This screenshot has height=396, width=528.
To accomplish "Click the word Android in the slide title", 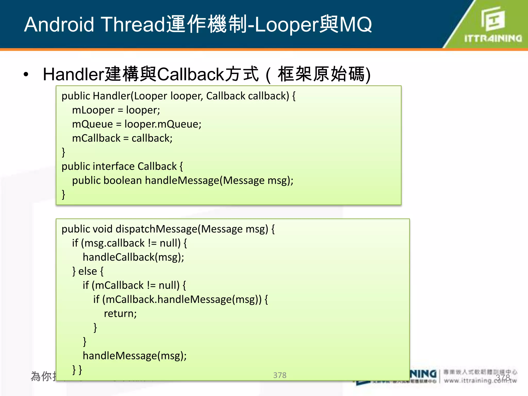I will (x=59, y=24).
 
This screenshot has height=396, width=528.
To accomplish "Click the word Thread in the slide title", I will (x=133, y=24).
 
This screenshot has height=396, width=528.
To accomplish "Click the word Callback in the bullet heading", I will (x=191, y=74).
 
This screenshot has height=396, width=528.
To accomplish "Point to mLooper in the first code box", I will (x=93, y=110).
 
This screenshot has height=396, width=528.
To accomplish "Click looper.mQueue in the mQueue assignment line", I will (x=163, y=124).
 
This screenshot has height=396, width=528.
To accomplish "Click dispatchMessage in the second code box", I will (x=156, y=229).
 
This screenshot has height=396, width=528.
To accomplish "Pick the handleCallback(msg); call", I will (x=133, y=257).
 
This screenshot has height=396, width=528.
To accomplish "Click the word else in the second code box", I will (x=88, y=271).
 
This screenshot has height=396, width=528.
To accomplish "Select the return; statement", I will (x=120, y=313).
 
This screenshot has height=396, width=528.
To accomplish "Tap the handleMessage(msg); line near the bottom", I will (x=135, y=356).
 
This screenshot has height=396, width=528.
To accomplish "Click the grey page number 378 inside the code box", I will (x=280, y=375).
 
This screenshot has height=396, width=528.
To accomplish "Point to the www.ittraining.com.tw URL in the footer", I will (x=480, y=380).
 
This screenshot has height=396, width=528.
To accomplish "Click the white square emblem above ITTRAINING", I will (x=493, y=19).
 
